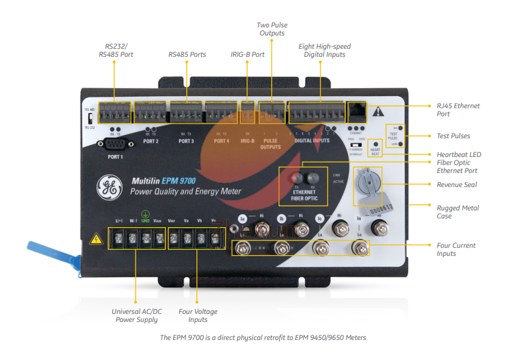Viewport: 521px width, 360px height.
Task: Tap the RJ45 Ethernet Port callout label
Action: (458, 110)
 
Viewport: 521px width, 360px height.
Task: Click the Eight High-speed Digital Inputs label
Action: (324, 51)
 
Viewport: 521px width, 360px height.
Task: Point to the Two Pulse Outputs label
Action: (272, 29)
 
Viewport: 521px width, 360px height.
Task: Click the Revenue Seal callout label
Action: (458, 184)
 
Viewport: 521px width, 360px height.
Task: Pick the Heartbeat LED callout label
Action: (459, 155)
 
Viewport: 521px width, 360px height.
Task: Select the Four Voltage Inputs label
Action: (198, 315)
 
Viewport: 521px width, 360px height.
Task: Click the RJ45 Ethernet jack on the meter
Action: (357, 111)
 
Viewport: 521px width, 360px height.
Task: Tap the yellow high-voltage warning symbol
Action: (96, 238)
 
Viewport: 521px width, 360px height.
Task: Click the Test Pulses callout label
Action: (454, 136)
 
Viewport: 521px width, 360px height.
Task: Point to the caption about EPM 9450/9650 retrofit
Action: (263, 337)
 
